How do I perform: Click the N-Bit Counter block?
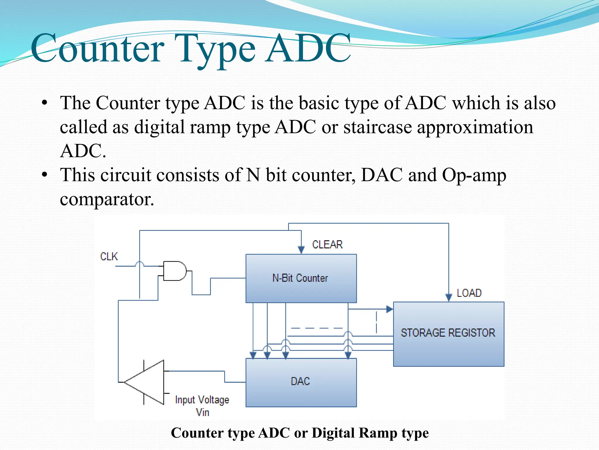[x=301, y=278]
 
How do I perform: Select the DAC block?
[x=301, y=382]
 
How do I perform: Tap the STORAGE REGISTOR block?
[x=448, y=333]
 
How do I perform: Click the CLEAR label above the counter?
[x=327, y=244]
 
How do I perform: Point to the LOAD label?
[x=469, y=293]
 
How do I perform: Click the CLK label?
[x=109, y=256]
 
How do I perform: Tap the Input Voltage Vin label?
[x=202, y=405]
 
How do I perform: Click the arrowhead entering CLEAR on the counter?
[x=301, y=250]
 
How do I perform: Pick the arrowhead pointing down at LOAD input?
[x=448, y=297]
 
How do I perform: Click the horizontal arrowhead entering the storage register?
[x=389, y=309]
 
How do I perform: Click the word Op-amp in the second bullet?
[x=474, y=175]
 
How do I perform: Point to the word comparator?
[x=107, y=199]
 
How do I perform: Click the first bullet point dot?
[x=44, y=103]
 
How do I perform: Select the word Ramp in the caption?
[x=378, y=433]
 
